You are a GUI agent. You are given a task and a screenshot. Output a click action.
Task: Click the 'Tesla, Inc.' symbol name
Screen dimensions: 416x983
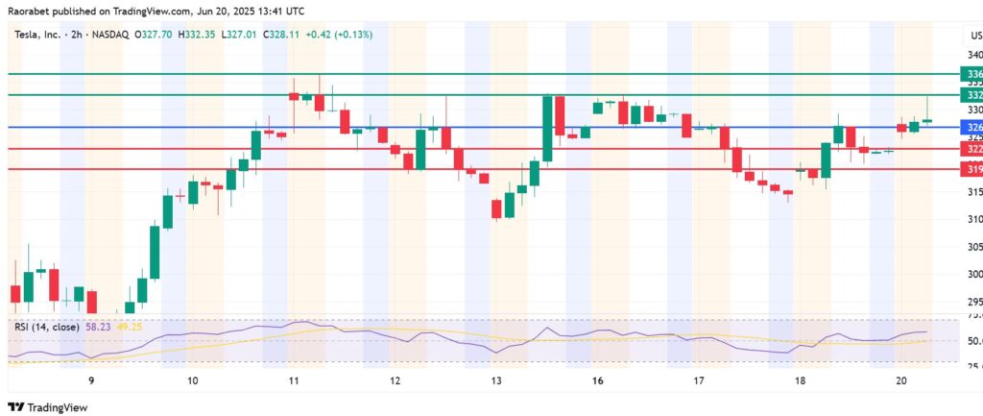[39, 34]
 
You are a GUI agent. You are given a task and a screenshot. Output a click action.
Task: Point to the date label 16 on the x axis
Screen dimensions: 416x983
[598, 381]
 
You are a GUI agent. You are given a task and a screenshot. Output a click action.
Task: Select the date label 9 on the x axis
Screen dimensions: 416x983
[91, 381]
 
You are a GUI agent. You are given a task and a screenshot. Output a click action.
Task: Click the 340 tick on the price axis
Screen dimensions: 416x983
[973, 55]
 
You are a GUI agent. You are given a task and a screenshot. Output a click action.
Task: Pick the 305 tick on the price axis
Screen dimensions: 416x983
[973, 247]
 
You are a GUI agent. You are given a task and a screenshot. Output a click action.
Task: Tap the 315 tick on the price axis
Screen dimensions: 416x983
[973, 193]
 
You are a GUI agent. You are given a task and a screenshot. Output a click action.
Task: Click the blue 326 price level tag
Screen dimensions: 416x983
[971, 127]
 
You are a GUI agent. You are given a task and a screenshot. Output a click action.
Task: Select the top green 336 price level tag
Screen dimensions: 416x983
[971, 73]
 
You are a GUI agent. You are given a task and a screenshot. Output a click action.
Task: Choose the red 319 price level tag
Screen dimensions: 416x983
[971, 169]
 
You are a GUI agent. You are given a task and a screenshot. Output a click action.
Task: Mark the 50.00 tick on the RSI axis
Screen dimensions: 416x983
[972, 341]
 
